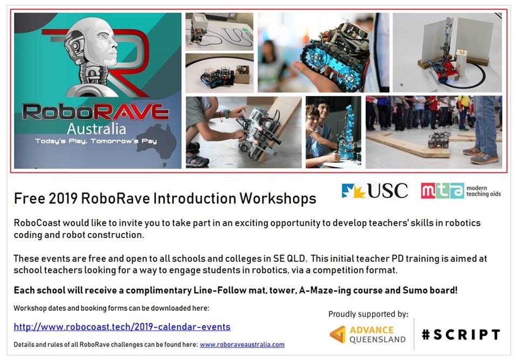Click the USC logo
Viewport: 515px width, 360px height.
pyautogui.click(x=374, y=191)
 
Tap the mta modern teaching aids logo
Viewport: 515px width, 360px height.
pyautogui.click(x=461, y=191)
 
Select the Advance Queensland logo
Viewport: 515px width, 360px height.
pyautogui.click(x=368, y=335)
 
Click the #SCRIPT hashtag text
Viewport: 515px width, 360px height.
pyautogui.click(x=461, y=335)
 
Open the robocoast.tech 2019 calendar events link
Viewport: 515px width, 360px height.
pyautogui.click(x=122, y=327)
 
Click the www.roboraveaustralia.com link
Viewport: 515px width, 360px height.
pyautogui.click(x=242, y=344)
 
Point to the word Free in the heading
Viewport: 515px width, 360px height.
pyautogui.click(x=29, y=198)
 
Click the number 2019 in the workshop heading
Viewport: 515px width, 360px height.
pyautogui.click(x=63, y=198)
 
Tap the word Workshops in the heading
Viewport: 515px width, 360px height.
pyautogui.click(x=278, y=198)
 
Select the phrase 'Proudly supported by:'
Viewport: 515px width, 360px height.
pyautogui.click(x=368, y=314)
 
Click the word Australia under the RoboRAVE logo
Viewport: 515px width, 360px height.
pyautogui.click(x=97, y=128)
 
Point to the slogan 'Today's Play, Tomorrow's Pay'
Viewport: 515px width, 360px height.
pyautogui.click(x=96, y=141)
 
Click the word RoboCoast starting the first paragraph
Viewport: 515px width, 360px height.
pyautogui.click(x=37, y=223)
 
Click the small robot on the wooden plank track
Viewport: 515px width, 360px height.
pyautogui.click(x=439, y=139)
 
